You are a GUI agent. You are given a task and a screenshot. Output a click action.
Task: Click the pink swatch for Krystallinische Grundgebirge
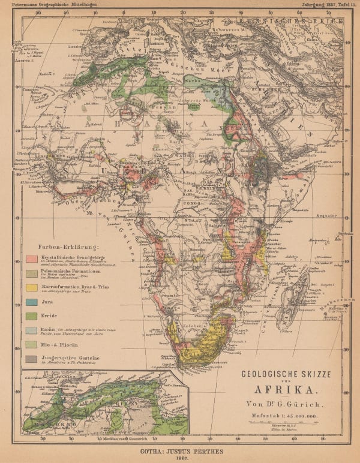pyautogui.click(x=32, y=258)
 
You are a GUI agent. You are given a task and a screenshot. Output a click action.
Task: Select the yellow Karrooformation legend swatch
pyautogui.click(x=32, y=287)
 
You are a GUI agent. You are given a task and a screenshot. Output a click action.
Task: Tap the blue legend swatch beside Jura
pyautogui.click(x=32, y=302)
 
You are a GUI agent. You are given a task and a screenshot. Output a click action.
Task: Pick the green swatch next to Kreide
pyautogui.click(x=32, y=316)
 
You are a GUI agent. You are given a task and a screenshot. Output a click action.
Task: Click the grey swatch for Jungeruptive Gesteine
pyautogui.click(x=32, y=359)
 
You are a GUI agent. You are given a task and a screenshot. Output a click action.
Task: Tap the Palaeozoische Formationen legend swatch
pyautogui.click(x=32, y=273)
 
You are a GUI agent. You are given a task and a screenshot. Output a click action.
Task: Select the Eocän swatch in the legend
pyautogui.click(x=32, y=330)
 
